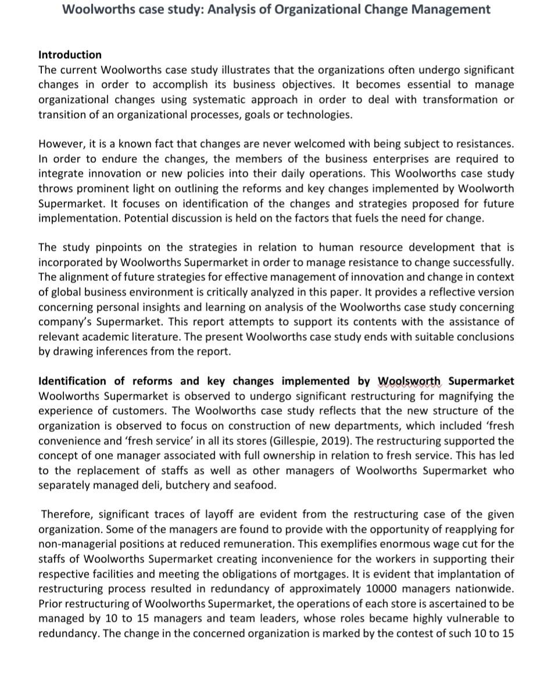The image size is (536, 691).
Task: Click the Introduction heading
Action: (x=70, y=55)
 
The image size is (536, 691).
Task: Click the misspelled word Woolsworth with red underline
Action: (x=410, y=381)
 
